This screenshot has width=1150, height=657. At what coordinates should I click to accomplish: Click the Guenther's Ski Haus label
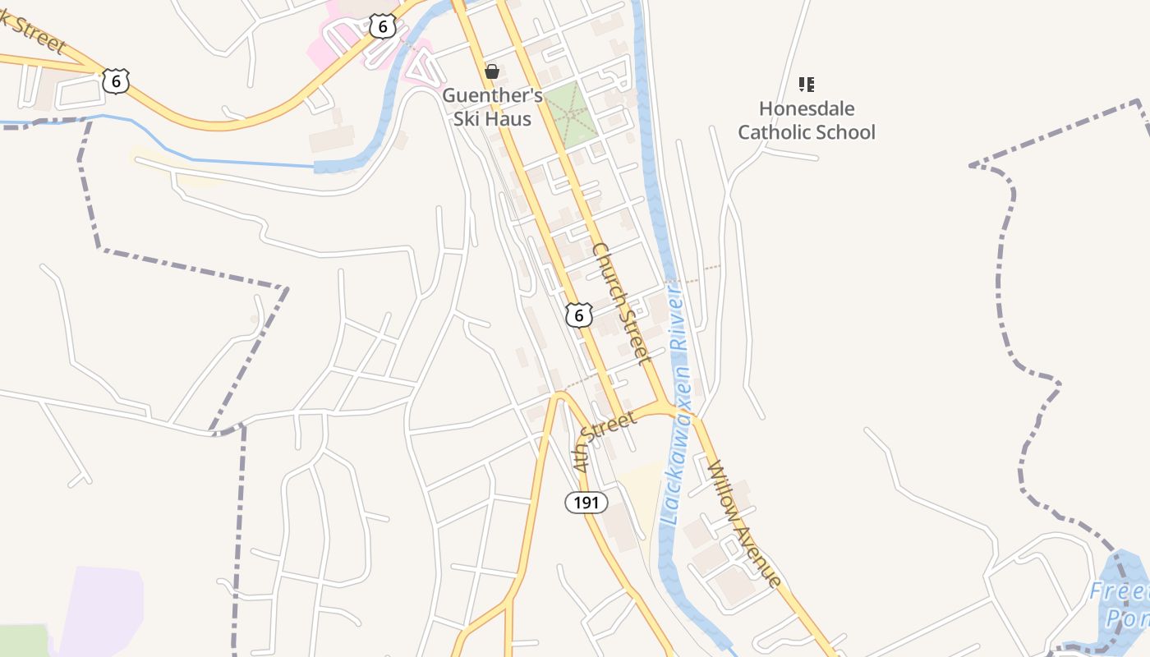pyautogui.click(x=492, y=108)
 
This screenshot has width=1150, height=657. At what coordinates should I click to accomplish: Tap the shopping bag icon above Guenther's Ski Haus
pyautogui.click(x=492, y=71)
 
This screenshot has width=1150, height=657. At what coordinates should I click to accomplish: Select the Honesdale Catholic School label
pyautogui.click(x=807, y=121)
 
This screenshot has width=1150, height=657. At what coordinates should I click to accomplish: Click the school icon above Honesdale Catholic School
pyautogui.click(x=807, y=84)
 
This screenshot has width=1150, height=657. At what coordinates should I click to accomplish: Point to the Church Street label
pyautogui.click(x=622, y=303)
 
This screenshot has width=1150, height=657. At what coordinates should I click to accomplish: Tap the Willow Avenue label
pyautogui.click(x=743, y=523)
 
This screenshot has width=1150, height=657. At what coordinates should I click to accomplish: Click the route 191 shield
pyautogui.click(x=586, y=502)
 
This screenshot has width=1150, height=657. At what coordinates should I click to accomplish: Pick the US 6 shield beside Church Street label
pyautogui.click(x=579, y=315)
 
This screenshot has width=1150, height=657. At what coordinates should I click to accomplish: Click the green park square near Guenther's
pyautogui.click(x=569, y=114)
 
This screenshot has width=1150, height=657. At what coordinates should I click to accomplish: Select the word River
pyautogui.click(x=679, y=321)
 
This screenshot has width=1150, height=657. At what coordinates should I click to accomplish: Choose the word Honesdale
pyautogui.click(x=807, y=108)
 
